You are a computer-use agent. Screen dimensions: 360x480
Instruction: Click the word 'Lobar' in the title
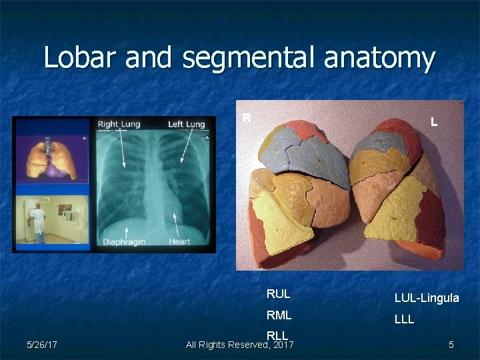tap(73, 58)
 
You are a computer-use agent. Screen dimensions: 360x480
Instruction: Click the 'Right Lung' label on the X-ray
tap(118, 125)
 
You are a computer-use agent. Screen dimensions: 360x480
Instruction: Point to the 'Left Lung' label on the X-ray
tap(186, 125)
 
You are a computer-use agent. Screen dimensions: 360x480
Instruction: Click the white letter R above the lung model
tap(246, 118)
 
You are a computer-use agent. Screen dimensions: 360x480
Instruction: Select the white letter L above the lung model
tap(434, 122)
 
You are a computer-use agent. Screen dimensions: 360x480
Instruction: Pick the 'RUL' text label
tap(278, 294)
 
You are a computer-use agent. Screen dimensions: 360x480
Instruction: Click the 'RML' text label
tap(279, 315)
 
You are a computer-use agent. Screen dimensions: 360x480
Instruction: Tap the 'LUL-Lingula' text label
tap(427, 298)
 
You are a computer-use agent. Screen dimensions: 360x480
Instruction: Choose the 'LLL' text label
tap(404, 319)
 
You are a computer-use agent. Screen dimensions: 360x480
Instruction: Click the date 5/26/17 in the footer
tap(41, 345)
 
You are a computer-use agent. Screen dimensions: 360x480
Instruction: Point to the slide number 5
tap(451, 345)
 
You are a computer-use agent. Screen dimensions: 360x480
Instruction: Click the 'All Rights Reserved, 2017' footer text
tap(239, 345)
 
